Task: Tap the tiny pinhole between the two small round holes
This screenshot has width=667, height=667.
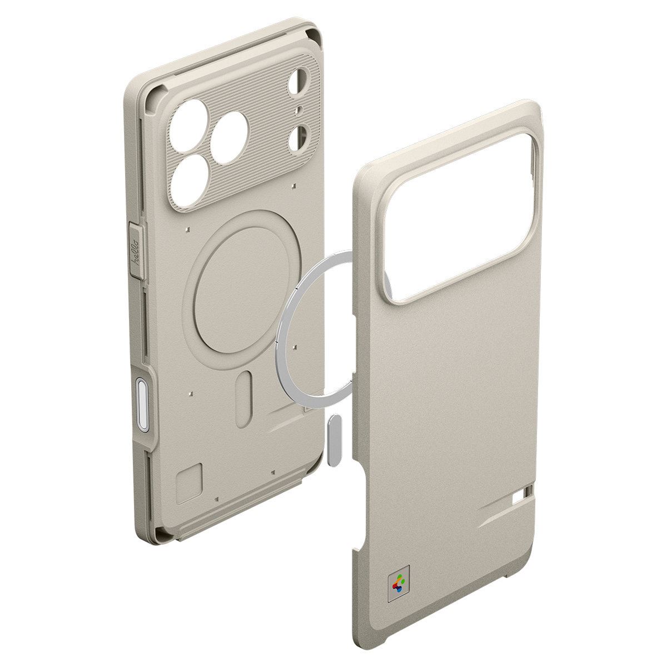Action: pyautogui.click(x=299, y=109)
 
